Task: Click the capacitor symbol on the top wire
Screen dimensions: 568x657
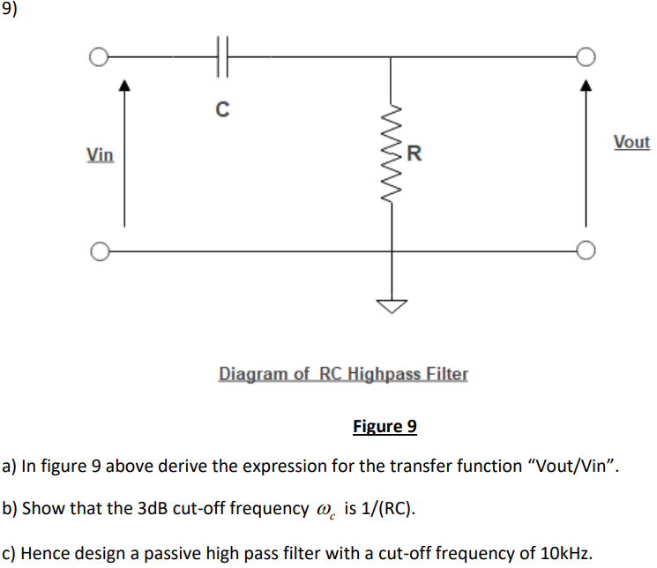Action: [222, 56]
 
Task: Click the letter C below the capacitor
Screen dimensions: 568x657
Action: [222, 110]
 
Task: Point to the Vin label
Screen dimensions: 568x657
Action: [100, 155]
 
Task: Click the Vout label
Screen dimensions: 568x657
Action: [631, 142]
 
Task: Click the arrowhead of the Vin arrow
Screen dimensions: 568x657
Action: [124, 86]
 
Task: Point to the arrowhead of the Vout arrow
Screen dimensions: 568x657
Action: [583, 86]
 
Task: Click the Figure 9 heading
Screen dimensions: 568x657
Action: [384, 427]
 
